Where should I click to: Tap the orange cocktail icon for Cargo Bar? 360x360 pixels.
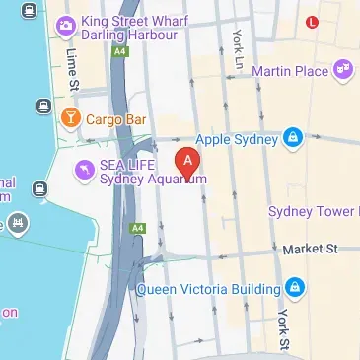71,119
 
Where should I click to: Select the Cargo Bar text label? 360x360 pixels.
116,119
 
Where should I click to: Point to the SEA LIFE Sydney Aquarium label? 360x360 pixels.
152,173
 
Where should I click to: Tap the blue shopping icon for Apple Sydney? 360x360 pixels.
292,139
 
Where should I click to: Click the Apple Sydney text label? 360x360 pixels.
238,139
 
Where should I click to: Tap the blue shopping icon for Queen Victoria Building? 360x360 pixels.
297,288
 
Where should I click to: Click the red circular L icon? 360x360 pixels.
313,21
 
